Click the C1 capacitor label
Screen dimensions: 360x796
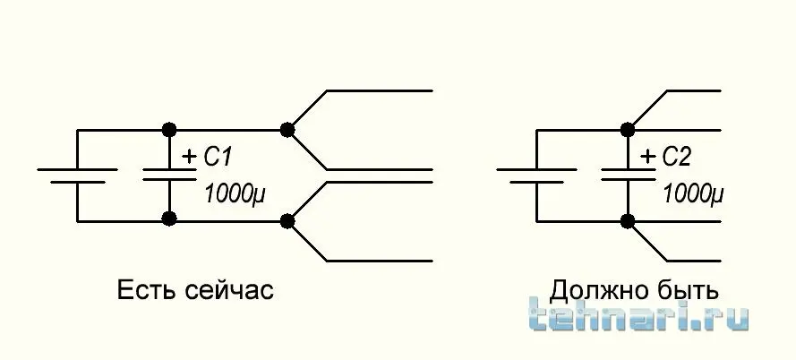click(218, 159)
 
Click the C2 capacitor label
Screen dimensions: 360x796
click(677, 159)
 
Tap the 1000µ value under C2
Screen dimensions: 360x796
click(692, 193)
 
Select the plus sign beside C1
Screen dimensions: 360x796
click(189, 156)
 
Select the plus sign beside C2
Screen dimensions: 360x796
click(647, 156)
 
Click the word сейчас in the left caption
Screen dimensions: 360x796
click(227, 291)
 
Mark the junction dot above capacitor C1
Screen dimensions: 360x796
click(167, 130)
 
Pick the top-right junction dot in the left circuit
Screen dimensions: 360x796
click(287, 130)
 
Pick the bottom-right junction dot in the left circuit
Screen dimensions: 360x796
click(287, 219)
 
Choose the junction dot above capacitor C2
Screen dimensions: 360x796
click(628, 130)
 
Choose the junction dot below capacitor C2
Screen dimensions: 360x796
click(628, 219)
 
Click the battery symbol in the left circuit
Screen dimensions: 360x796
click(78, 175)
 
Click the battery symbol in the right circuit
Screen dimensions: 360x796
click(536, 175)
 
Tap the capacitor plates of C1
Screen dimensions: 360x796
click(167, 175)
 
